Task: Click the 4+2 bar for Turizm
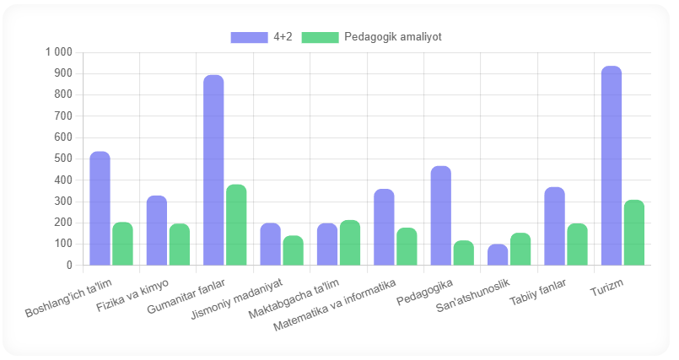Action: (612, 166)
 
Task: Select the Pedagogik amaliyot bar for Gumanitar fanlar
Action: (236, 225)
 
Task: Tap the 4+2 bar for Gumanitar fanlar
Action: (213, 170)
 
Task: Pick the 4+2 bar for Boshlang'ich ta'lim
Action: (100, 208)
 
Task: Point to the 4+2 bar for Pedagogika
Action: (441, 216)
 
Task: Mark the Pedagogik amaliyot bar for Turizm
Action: (634, 233)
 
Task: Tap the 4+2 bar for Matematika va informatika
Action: (384, 228)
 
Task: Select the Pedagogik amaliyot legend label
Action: (393, 37)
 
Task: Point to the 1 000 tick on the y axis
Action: (58, 52)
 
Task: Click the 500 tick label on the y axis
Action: (63, 159)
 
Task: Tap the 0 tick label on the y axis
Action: (69, 266)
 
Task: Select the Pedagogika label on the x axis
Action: (426, 288)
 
